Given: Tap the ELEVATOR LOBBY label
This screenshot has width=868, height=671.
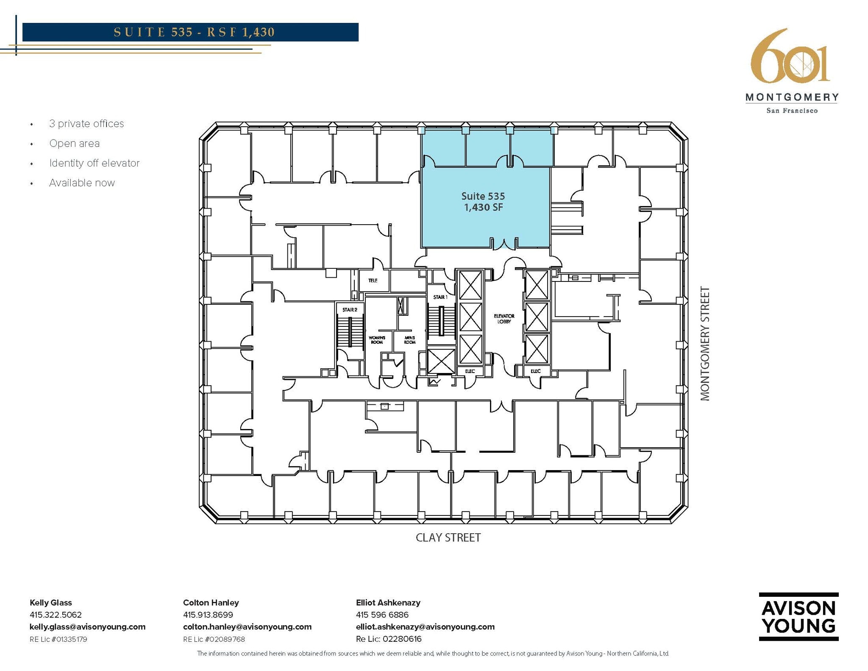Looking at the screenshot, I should pos(504,319).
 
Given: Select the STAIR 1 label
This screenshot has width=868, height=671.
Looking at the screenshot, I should pos(440,297).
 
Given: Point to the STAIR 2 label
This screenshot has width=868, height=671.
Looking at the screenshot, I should pos(350,310).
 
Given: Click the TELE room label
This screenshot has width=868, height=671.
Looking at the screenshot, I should pos(373,281).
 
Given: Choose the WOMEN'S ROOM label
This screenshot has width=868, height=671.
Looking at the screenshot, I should pos(377,340).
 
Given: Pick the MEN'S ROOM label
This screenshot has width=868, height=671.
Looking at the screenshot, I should pos(409,340).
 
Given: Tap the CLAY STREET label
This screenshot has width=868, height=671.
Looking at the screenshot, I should pos(448,537).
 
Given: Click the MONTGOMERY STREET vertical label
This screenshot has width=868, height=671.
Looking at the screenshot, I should pos(705,344).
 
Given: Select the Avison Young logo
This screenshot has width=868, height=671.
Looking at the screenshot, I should pos(798,617).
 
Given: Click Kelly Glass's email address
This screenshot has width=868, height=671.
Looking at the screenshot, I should pos(87,626).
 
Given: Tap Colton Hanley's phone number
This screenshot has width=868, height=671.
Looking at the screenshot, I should pos(208,615).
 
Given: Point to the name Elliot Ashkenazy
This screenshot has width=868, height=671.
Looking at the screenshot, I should pos(388,602).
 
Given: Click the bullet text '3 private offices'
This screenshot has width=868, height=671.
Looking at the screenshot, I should pos(86,124).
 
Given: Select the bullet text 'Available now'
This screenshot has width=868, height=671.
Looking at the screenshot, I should pos(82,183).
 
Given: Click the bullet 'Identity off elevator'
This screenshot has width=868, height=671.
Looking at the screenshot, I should pos(94,163).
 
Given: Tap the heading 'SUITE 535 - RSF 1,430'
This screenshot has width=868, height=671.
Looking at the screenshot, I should pos(194,32).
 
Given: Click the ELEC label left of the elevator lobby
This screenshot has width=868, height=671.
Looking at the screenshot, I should pos(470,371).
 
